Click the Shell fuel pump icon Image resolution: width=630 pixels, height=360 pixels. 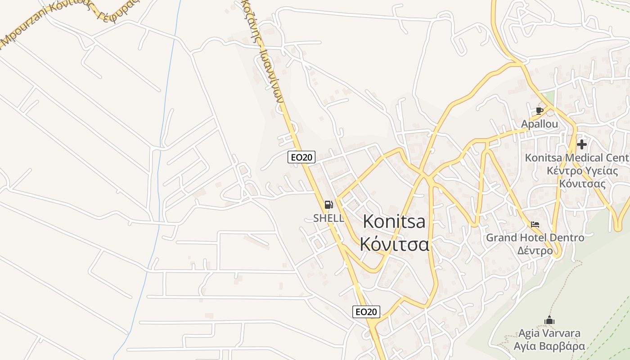coord(329,205)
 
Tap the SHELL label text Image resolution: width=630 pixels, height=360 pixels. coord(328,218)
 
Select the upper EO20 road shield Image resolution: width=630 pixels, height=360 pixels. coord(301,157)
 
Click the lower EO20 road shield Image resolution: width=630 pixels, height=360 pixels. coord(366,312)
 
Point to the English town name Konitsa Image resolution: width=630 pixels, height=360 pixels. coord(394,221)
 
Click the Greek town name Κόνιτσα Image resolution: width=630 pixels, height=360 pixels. coord(394,244)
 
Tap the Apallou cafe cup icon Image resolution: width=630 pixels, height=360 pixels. coord(540,111)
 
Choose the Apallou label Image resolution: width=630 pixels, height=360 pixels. coord(540,124)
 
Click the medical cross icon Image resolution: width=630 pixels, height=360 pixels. coord(581,144)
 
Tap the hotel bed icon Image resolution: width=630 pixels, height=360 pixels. coord(535,225)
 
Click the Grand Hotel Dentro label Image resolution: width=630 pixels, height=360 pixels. coord(535,238)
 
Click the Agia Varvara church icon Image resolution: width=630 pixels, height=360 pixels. coord(549,320)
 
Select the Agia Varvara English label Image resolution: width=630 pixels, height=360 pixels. coord(549,333)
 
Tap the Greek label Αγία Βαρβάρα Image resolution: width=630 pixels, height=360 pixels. coord(549,346)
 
